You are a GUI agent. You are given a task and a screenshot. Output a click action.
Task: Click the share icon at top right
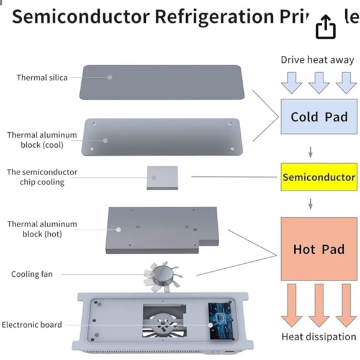(x=326, y=26)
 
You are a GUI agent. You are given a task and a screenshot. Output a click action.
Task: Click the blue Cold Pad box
(x=318, y=117)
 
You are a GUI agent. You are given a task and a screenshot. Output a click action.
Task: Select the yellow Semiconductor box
(x=318, y=178)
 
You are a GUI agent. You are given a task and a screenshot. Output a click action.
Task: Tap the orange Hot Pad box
(x=318, y=249)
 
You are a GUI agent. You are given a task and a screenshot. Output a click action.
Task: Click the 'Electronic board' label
(x=32, y=325)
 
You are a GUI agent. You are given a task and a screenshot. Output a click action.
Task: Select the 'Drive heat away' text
(x=317, y=60)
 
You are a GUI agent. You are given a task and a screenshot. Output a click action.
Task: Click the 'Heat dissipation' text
(x=318, y=337)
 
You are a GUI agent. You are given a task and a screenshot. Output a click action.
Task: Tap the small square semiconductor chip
(x=162, y=178)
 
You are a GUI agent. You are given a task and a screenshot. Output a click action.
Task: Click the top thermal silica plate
(x=160, y=82)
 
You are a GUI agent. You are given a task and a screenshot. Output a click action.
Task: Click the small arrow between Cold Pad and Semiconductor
(x=310, y=152)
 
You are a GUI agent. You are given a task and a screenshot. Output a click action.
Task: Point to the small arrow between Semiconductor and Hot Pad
(x=310, y=204)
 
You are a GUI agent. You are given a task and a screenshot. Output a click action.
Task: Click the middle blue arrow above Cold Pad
(x=318, y=81)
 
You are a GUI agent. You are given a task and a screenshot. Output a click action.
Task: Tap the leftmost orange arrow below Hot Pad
(x=292, y=304)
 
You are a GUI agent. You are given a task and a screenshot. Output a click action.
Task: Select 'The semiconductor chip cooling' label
(x=42, y=177)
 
